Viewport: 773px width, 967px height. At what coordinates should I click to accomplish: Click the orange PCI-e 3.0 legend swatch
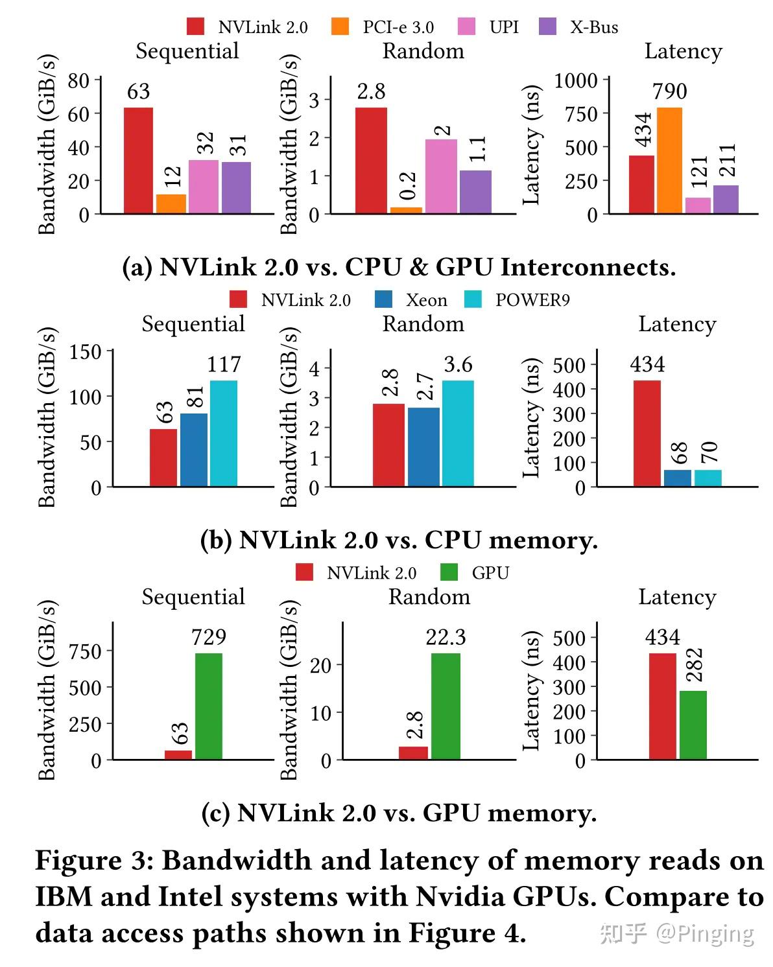(339, 27)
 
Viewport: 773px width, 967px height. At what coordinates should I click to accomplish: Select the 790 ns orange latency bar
(669, 160)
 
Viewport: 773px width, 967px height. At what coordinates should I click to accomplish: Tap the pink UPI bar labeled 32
(204, 187)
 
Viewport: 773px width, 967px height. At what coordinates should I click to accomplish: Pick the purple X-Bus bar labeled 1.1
(475, 192)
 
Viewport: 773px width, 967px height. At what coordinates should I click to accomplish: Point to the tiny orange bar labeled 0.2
(406, 210)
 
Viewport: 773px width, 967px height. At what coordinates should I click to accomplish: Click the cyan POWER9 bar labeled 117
(224, 433)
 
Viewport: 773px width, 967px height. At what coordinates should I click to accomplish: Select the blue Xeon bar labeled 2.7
(423, 447)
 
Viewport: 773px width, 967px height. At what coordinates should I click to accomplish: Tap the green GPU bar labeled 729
(209, 706)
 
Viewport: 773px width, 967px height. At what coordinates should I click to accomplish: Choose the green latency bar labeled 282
(693, 725)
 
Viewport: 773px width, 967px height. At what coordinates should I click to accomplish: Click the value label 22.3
(446, 638)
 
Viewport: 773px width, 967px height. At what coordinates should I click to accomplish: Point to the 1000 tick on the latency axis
(577, 80)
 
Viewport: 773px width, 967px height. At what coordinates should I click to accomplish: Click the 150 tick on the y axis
(86, 352)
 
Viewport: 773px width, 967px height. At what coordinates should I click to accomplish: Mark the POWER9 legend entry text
(532, 300)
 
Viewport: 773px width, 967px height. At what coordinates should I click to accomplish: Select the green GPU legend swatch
(449, 572)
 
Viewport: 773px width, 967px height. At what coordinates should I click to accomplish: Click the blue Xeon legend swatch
(384, 299)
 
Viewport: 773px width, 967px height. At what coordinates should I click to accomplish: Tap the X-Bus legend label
(594, 27)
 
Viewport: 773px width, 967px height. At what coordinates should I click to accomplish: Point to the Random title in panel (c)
(429, 597)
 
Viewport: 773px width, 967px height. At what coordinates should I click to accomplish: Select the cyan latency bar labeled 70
(708, 478)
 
